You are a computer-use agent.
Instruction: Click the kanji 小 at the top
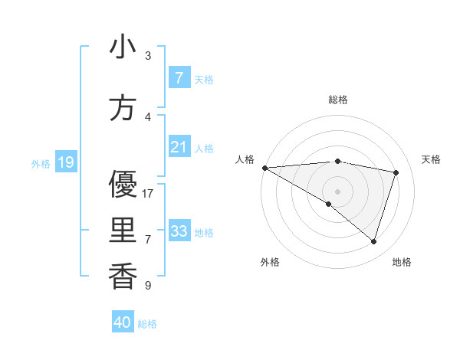(x=123, y=47)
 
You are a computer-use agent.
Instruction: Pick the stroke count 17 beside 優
(x=148, y=193)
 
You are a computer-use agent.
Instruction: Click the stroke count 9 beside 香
(x=147, y=286)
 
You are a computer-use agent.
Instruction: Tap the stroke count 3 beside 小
(x=147, y=55)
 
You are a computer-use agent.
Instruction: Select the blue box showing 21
(x=179, y=147)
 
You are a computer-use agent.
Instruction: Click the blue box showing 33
(x=179, y=231)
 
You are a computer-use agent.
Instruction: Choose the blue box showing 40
(x=123, y=322)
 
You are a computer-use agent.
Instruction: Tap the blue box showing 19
(x=65, y=162)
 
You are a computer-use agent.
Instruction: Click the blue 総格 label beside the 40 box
(x=147, y=324)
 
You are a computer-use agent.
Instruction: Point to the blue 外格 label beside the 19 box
(x=40, y=163)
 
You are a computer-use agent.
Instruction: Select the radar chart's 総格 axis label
(x=337, y=100)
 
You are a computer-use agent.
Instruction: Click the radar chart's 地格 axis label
(x=402, y=262)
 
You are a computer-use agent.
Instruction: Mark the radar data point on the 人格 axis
(x=264, y=168)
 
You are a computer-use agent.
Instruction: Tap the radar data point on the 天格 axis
(x=396, y=172)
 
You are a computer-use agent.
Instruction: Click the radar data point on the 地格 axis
(x=373, y=242)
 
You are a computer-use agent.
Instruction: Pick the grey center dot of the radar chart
(x=337, y=191)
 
